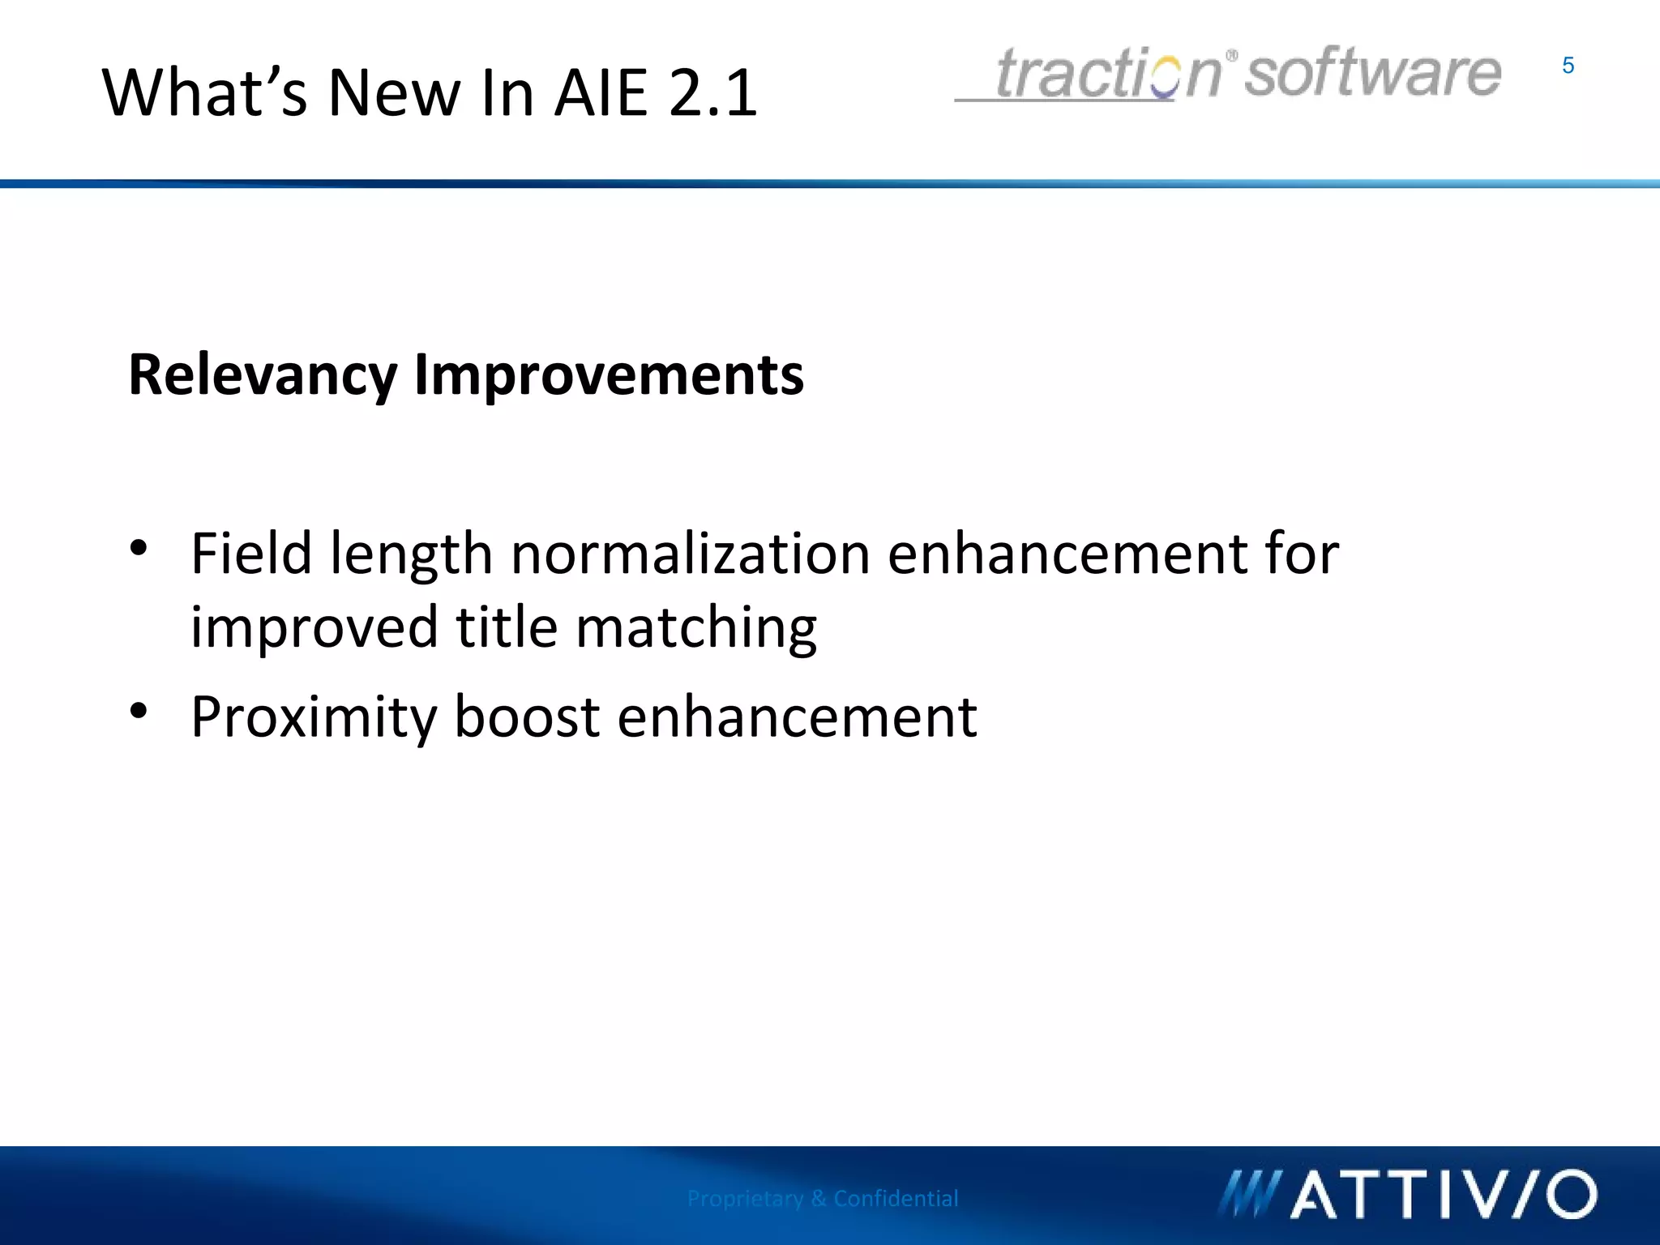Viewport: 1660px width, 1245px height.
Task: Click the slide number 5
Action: [x=1568, y=66]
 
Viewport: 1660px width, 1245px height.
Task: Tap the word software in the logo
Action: [x=1372, y=73]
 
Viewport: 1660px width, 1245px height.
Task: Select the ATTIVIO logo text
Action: [x=1443, y=1195]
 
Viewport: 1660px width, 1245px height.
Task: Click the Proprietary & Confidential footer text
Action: [x=822, y=1198]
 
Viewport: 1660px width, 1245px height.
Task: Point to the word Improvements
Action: [x=609, y=376]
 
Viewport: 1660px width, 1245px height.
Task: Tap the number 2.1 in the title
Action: [x=712, y=92]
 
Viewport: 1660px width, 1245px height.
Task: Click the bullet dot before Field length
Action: [x=139, y=548]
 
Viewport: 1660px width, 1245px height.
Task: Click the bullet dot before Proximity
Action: [x=139, y=711]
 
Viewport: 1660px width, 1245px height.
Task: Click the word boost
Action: [x=527, y=717]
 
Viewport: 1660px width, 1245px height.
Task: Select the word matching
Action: [x=696, y=629]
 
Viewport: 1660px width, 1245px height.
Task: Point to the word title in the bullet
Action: [x=507, y=627]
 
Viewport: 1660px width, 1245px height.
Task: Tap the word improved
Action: [x=314, y=629]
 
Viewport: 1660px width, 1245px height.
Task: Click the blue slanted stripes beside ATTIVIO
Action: [x=1248, y=1195]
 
